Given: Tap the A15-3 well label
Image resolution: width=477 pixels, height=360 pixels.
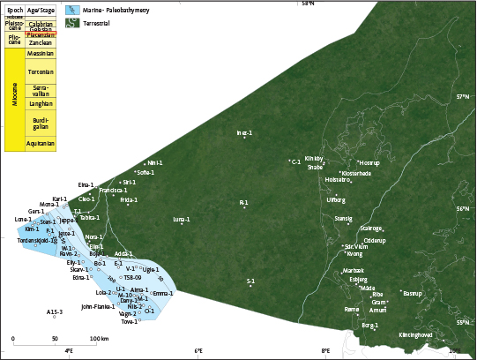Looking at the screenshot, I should point(55,311).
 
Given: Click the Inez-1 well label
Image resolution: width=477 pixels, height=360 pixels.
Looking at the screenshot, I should point(244,133).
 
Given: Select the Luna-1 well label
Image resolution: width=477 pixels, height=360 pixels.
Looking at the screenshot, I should point(182,218).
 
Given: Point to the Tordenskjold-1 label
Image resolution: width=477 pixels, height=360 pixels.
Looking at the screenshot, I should point(37,239).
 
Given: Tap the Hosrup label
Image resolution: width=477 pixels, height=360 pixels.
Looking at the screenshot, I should point(369,162).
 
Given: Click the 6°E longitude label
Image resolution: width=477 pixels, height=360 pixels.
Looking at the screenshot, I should point(198,351).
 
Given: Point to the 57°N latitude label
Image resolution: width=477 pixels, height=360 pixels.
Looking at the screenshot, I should point(463,96).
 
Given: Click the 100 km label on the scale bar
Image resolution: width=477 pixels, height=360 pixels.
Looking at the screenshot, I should point(99,339).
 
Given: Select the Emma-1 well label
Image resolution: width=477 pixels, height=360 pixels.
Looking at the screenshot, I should point(163,293).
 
